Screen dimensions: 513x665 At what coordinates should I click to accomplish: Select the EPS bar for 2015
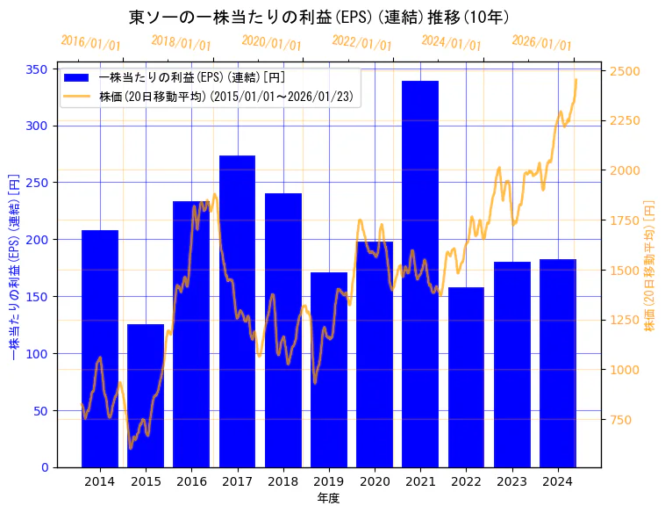(x=146, y=395)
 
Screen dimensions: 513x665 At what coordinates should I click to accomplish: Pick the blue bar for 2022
(x=466, y=377)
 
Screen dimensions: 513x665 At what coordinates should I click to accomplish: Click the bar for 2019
(x=329, y=369)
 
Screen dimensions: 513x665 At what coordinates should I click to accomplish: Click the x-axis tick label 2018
(x=282, y=481)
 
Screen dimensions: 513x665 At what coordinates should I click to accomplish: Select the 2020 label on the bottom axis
(x=375, y=481)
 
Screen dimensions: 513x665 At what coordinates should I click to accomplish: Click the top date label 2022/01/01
(x=361, y=43)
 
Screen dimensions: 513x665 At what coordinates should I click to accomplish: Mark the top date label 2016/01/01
(x=90, y=43)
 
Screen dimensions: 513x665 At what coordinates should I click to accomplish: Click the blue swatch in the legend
(x=77, y=77)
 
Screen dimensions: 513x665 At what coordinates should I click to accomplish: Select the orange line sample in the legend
(x=77, y=97)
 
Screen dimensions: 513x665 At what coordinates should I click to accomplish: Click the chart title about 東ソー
(x=319, y=17)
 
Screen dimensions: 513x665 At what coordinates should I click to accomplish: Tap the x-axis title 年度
(x=328, y=498)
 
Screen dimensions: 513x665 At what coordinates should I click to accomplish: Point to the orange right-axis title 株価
(x=650, y=264)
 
